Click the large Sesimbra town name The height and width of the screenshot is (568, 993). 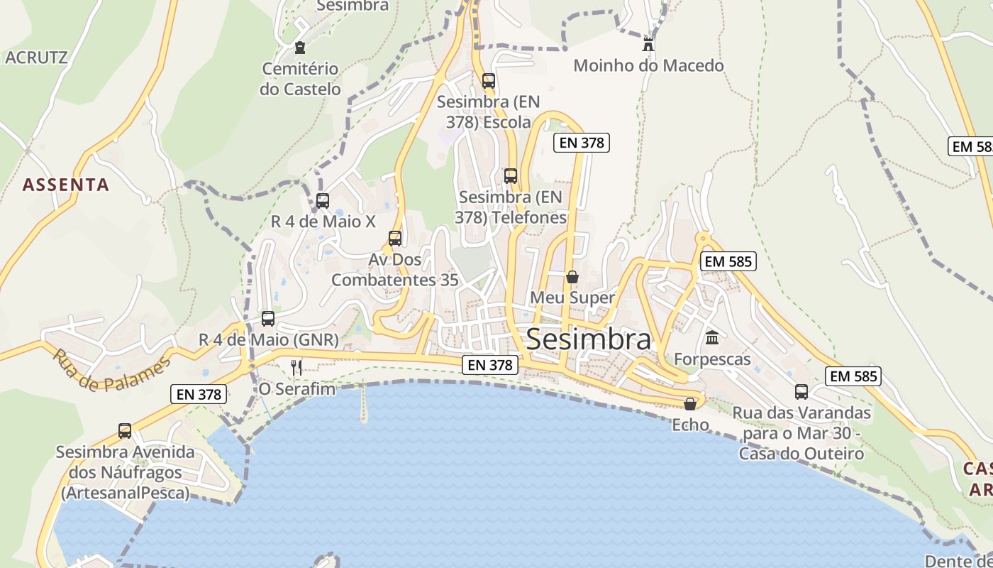(x=588, y=339)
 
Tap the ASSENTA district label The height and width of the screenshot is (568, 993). (x=66, y=185)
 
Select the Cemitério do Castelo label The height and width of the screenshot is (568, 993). (x=300, y=79)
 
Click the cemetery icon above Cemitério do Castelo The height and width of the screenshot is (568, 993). (x=299, y=48)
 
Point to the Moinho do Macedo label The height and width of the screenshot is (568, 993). (x=648, y=66)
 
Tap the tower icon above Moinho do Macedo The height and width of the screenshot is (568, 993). (x=648, y=45)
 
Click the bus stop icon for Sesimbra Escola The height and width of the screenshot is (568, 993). (x=488, y=80)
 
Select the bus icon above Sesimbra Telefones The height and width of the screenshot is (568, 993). (x=510, y=175)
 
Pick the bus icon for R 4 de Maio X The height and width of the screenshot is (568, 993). (x=323, y=200)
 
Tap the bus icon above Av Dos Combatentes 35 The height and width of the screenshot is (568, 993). (x=395, y=238)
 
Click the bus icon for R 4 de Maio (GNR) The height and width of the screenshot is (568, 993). (x=268, y=318)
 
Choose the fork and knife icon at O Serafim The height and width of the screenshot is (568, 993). (x=296, y=367)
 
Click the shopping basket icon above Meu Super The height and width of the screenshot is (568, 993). (x=572, y=276)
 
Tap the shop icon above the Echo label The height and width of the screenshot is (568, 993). (x=689, y=403)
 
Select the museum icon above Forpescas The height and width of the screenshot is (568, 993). (x=712, y=337)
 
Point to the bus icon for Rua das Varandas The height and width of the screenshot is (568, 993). (x=801, y=391)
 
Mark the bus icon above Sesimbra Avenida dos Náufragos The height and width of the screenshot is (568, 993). (x=125, y=430)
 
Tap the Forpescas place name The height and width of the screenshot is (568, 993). (x=712, y=359)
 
